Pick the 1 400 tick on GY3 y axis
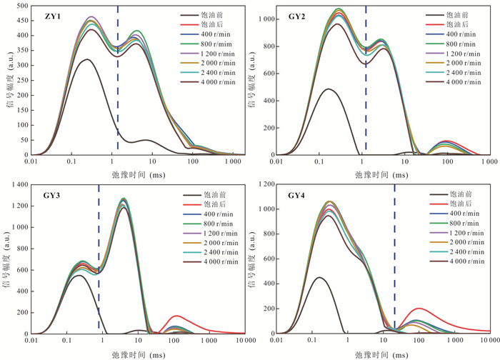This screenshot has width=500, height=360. point(17,185)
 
